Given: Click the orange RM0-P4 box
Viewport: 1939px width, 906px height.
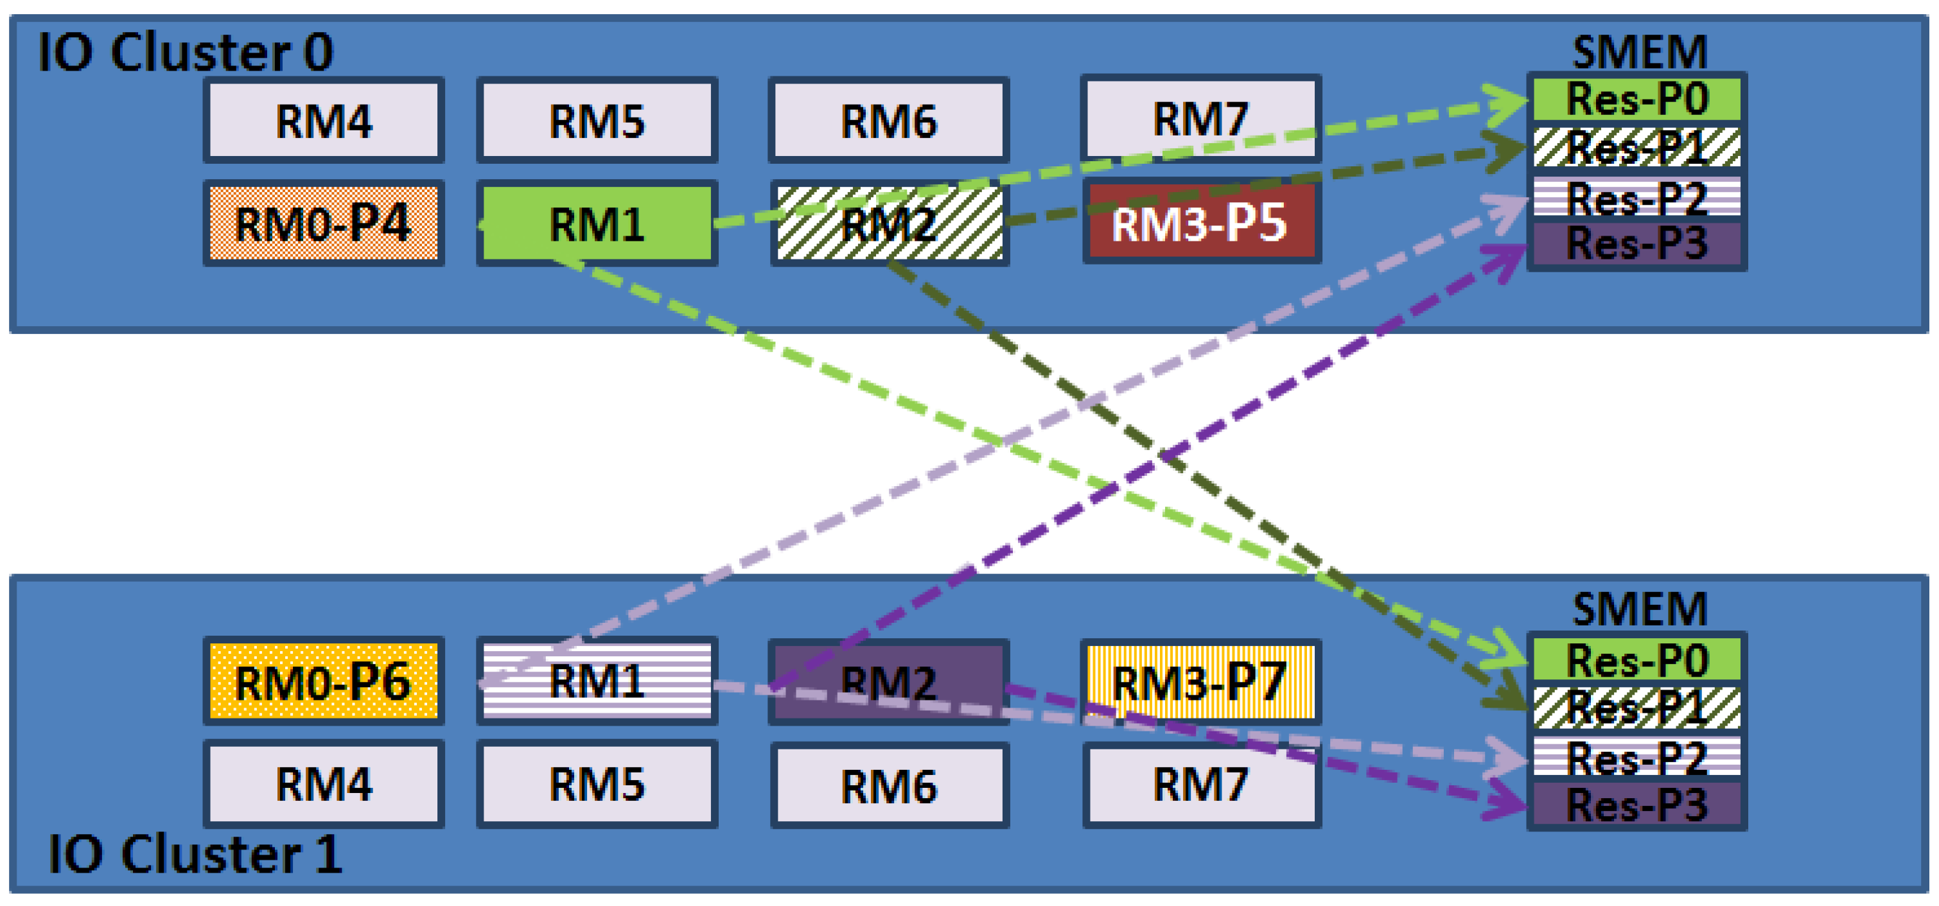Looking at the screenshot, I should coord(324,223).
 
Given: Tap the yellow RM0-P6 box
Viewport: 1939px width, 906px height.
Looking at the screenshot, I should coord(324,682).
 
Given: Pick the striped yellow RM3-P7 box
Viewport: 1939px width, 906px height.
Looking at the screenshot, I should coord(1200,682).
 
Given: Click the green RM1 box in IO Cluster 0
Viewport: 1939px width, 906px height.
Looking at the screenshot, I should coord(597,223).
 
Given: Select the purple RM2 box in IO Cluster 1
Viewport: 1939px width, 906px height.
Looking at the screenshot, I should coord(888,682).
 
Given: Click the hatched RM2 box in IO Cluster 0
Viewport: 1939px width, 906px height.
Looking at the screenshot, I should coord(888,223).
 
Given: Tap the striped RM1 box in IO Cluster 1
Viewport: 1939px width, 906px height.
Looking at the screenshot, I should coord(597,682).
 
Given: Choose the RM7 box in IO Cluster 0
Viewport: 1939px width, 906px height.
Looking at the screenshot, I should coord(1200,119).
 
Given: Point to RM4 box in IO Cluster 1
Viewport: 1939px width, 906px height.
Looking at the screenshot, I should coord(324,784).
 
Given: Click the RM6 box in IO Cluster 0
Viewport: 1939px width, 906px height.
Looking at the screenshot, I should coord(888,121).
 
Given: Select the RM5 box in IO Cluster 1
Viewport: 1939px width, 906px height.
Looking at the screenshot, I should coord(597,784).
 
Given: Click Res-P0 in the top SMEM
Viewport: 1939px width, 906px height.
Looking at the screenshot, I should coord(1637,100).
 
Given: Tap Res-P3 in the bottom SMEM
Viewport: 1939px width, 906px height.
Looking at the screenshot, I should coord(1637,805).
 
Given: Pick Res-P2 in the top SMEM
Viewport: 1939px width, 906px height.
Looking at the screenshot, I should coord(1637,197).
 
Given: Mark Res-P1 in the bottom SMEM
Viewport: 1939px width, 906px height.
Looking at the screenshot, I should coord(1637,708).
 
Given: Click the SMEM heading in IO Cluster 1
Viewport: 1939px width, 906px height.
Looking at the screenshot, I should coord(1640,608).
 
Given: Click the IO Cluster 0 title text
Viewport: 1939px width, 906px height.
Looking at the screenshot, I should coord(185,53).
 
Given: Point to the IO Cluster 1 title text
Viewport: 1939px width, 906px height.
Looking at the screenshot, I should coord(194,855).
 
